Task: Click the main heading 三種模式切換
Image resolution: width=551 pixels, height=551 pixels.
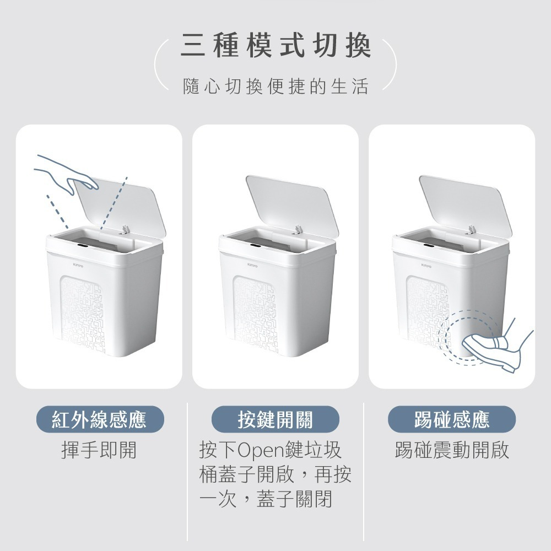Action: (x=275, y=46)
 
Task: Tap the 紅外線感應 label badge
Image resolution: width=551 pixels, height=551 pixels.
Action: (x=99, y=420)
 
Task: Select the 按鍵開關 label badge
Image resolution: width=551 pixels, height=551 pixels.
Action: (x=275, y=420)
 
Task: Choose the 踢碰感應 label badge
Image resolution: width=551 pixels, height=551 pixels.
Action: (x=451, y=420)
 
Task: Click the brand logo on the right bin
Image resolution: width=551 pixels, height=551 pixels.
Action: (x=426, y=265)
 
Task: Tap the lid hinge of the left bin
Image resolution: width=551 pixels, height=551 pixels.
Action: (x=125, y=229)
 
